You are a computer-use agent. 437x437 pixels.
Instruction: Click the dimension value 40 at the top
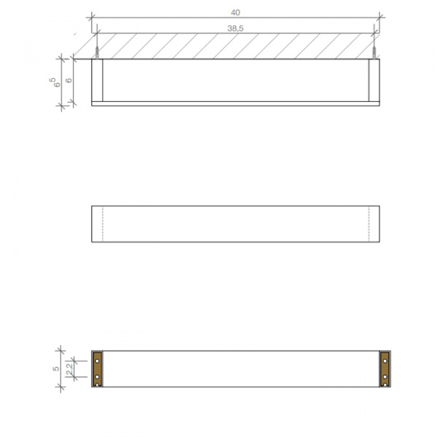235,12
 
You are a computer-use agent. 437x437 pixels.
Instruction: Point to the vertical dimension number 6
68,81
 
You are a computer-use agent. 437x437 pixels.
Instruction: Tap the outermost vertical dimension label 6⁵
52,81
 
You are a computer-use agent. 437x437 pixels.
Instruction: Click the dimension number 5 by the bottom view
56,369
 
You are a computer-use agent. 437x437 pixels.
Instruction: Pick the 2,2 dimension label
70,371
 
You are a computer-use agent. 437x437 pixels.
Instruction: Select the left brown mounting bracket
97,369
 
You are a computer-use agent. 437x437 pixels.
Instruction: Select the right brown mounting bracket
385,369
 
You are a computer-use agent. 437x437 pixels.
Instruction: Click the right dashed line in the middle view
369,224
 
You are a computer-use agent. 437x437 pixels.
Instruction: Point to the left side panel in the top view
98,79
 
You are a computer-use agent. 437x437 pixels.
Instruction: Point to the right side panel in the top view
375,79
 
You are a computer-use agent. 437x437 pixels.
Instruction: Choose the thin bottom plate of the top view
235,103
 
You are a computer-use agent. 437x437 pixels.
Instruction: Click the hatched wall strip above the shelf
235,46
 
